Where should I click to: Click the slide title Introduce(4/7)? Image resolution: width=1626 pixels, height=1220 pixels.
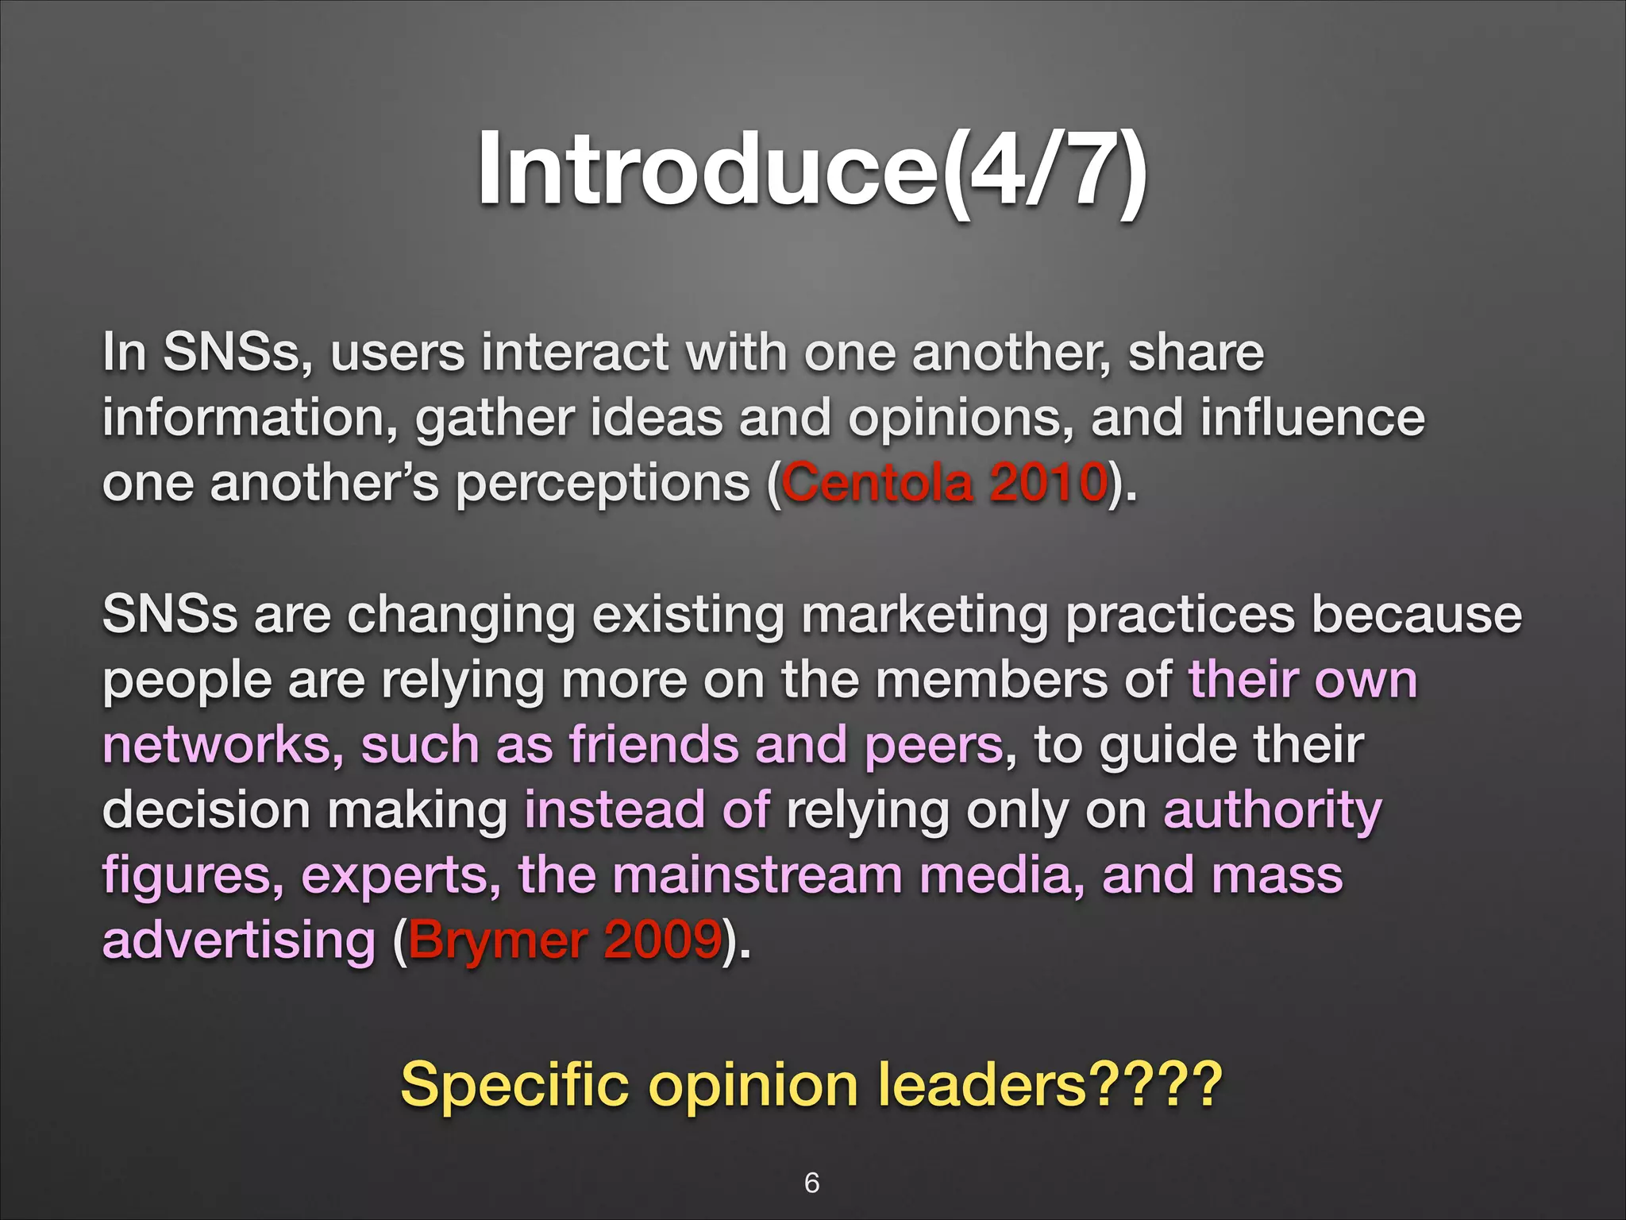811,170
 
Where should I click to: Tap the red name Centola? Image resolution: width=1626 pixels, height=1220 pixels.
877,483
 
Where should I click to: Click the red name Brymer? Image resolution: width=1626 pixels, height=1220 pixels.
497,940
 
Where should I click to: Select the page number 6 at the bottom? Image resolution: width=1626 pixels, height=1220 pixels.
811,1183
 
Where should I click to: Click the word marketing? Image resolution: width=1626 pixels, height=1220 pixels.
925,616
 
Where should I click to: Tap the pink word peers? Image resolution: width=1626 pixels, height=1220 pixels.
934,747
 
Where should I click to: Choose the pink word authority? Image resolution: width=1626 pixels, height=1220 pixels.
1273,812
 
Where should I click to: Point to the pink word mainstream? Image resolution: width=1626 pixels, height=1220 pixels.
757,875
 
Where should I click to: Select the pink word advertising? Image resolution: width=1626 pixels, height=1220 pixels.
239,940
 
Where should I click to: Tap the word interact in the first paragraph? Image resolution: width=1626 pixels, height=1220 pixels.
575,353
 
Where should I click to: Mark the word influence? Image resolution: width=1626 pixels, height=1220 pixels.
1312,418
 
